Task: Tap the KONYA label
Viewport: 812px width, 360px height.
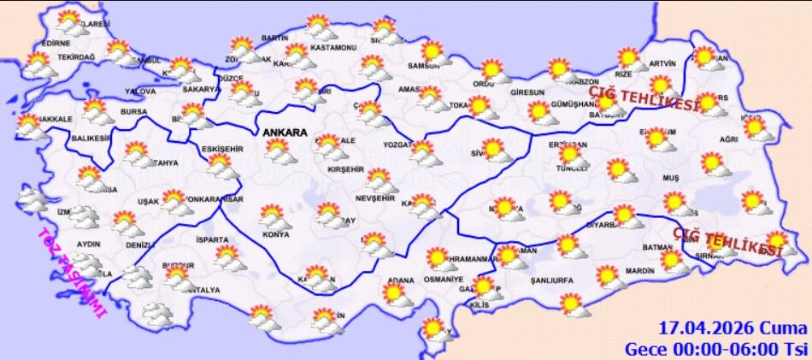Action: click(x=275, y=234)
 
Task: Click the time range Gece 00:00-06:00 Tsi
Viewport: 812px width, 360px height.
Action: click(x=715, y=349)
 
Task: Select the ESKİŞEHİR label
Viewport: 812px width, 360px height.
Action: click(x=221, y=149)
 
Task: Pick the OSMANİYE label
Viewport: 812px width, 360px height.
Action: click(x=443, y=280)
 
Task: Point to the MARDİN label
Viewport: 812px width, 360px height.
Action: click(x=638, y=271)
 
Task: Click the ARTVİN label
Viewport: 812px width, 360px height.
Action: click(x=662, y=63)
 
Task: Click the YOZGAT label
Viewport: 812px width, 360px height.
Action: click(x=399, y=145)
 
